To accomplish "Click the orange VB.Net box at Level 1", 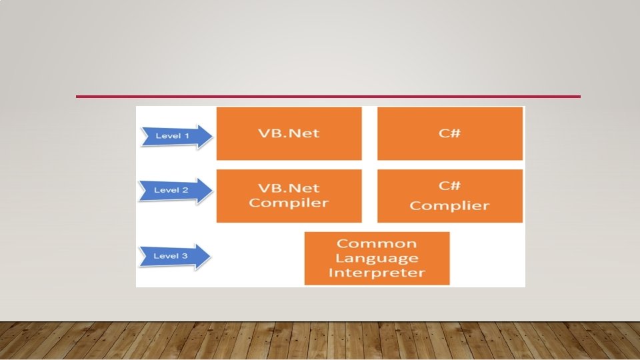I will (289, 133).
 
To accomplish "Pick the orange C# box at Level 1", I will (449, 133).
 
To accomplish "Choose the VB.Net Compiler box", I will (289, 195).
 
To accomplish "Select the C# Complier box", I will (449, 195).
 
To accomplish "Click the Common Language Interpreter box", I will (377, 258).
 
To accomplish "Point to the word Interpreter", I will (377, 273).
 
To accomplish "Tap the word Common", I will (377, 243).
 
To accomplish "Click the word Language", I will (377, 258).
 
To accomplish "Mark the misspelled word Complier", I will (449, 205).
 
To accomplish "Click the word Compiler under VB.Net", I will (289, 203).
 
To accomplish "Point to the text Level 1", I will (172, 136).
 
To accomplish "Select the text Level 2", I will (171, 190).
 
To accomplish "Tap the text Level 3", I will (171, 256).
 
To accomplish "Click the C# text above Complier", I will (449, 185).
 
